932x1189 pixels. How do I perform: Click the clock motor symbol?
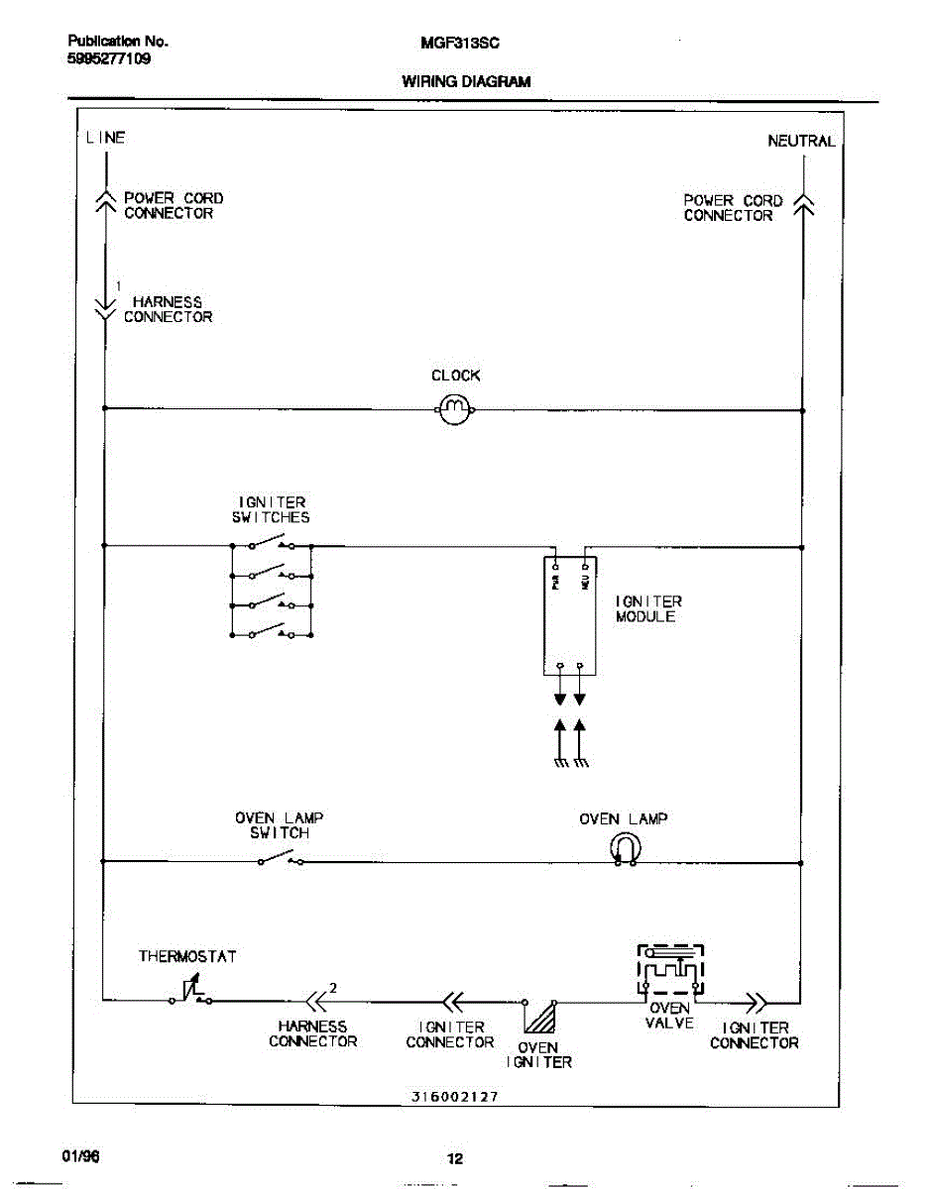pyautogui.click(x=456, y=408)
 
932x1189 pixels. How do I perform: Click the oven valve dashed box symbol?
pyautogui.click(x=670, y=970)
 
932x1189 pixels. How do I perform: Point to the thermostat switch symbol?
pyautogui.click(x=191, y=992)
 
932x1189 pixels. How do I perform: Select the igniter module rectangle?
pyautogui.click(x=570, y=614)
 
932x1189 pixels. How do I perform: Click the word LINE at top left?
pyautogui.click(x=105, y=138)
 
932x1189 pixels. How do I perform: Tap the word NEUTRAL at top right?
pyautogui.click(x=801, y=142)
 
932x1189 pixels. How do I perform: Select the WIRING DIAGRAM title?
pyautogui.click(x=466, y=82)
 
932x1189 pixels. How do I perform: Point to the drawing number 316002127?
pyautogui.click(x=455, y=1097)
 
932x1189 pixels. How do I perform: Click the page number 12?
pyautogui.click(x=455, y=1159)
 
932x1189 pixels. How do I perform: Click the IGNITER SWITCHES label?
pyautogui.click(x=272, y=509)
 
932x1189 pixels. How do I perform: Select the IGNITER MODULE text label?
pyautogui.click(x=648, y=608)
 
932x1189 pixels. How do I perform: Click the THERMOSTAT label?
pyautogui.click(x=187, y=957)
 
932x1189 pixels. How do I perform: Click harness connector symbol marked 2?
pyautogui.click(x=317, y=1000)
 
